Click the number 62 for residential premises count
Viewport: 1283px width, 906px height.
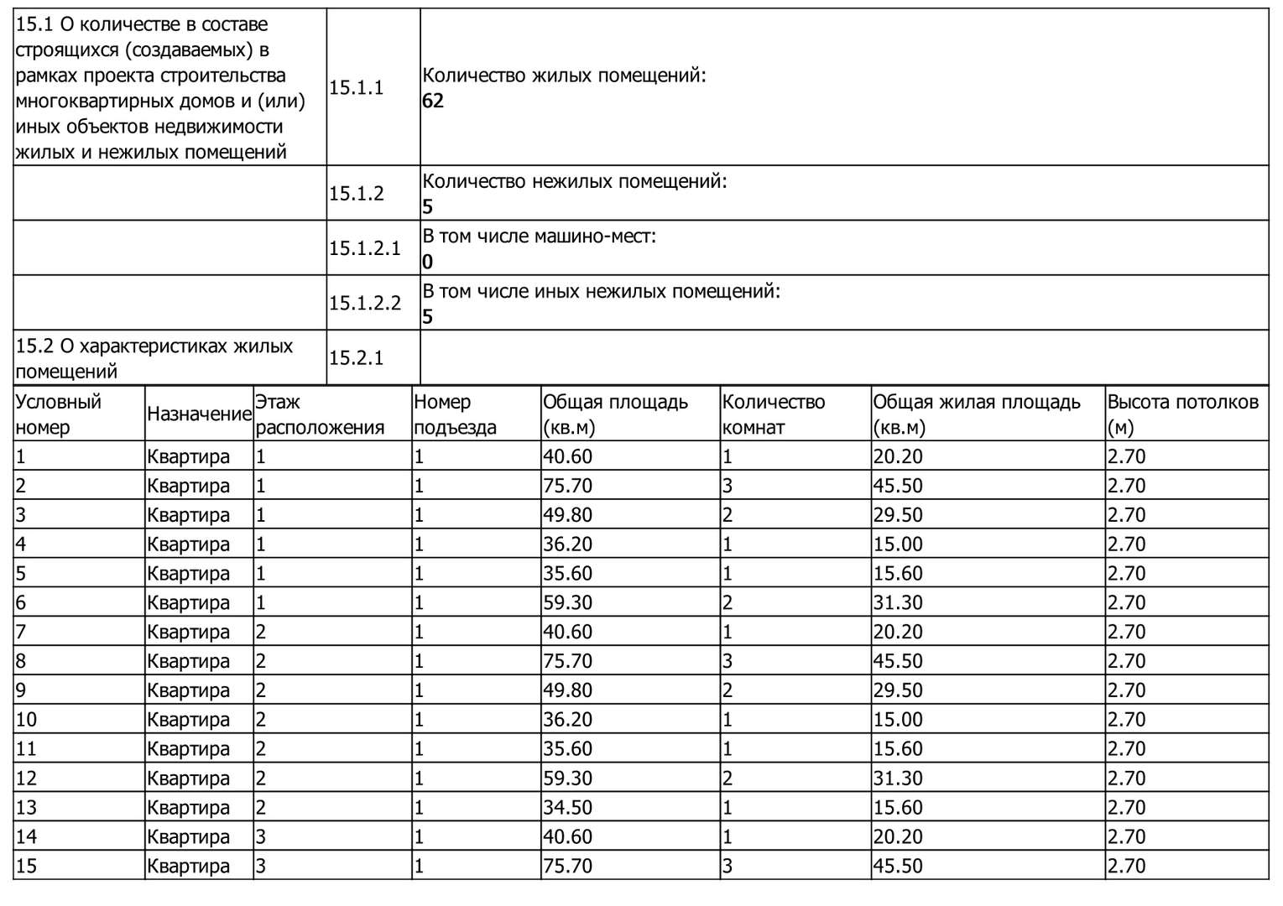(x=433, y=102)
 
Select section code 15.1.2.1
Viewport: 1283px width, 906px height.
(x=364, y=248)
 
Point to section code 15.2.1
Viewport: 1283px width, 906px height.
(x=356, y=358)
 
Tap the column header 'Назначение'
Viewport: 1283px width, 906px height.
(x=199, y=414)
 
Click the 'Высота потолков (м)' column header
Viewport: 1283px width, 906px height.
(x=1182, y=414)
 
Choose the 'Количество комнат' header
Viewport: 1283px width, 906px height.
(x=773, y=414)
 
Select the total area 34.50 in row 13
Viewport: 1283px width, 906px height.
(x=567, y=807)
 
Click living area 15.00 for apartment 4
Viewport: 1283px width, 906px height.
(x=897, y=544)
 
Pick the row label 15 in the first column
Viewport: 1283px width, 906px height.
(x=26, y=866)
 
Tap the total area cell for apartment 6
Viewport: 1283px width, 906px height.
(x=567, y=602)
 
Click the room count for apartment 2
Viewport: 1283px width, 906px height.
(x=728, y=486)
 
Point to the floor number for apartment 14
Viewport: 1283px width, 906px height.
(x=261, y=836)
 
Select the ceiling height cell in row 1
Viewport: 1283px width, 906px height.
(x=1126, y=456)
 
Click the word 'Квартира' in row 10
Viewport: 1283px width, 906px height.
(x=188, y=720)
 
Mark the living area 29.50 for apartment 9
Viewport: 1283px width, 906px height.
(x=897, y=690)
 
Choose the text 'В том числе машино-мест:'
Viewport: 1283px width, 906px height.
(x=539, y=237)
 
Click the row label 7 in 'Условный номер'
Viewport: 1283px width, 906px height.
(x=21, y=632)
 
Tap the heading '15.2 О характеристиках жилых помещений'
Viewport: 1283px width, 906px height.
(x=154, y=358)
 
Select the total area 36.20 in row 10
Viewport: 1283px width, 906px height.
(x=567, y=720)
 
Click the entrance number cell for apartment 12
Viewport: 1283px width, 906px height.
(x=419, y=778)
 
